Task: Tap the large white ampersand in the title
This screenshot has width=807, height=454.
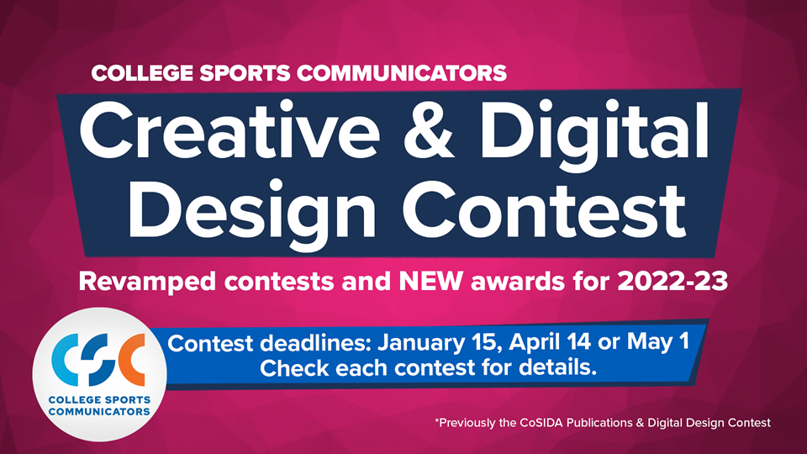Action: click(x=429, y=130)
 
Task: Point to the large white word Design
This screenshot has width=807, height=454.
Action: click(x=252, y=212)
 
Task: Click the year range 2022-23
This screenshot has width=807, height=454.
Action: click(x=672, y=281)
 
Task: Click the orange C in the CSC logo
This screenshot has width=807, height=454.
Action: click(x=131, y=360)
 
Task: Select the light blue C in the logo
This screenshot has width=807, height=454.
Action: click(x=66, y=360)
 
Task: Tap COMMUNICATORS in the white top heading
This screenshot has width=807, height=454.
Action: click(x=402, y=73)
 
